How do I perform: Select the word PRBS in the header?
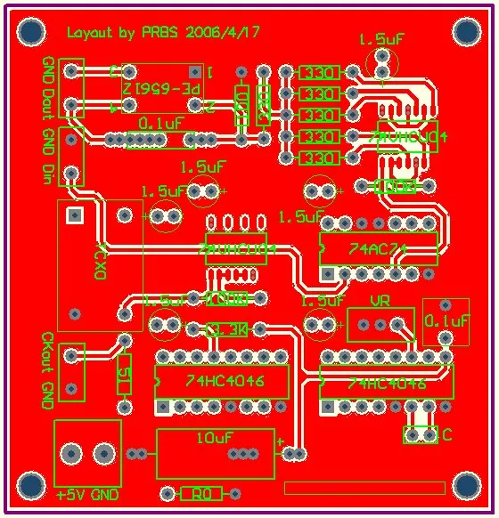(163, 33)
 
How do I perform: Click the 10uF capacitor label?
(215, 438)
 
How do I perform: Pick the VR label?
(381, 300)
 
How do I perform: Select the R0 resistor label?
(201, 494)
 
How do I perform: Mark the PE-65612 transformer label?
(162, 89)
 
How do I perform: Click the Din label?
(48, 170)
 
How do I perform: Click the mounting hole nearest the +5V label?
(30, 486)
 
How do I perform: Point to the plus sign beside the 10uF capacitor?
(280, 441)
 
